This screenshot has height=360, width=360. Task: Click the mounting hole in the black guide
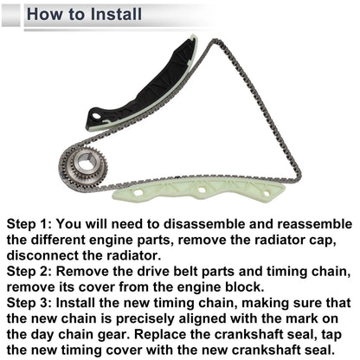pyautogui.click(x=96, y=117)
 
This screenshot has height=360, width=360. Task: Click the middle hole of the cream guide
pyautogui.click(x=202, y=190)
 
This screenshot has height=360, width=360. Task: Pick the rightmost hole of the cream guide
pyautogui.click(x=266, y=194)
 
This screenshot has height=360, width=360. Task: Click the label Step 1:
pyautogui.click(x=29, y=224)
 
